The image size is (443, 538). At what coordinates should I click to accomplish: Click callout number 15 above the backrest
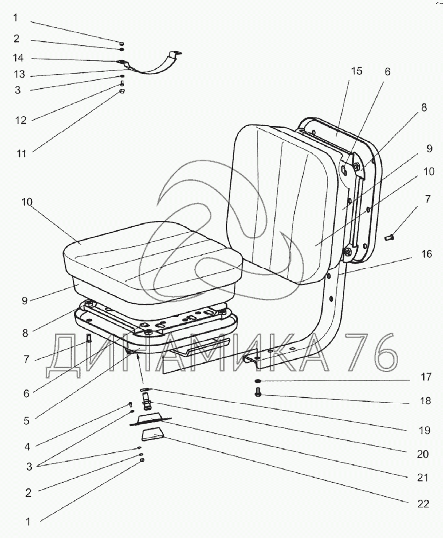pyautogui.click(x=356, y=71)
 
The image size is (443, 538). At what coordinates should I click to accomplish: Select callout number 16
pyautogui.click(x=427, y=254)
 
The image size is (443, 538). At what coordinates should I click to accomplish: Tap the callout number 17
pyautogui.click(x=426, y=377)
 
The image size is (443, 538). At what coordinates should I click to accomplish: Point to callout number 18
pyautogui.click(x=425, y=401)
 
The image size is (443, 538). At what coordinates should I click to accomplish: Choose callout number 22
pyautogui.click(x=424, y=503)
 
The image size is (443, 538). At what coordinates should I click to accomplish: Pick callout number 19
pyautogui.click(x=425, y=430)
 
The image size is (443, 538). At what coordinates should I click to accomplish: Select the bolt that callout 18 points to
pyautogui.click(x=258, y=393)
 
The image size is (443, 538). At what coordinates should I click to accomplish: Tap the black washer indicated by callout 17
pyautogui.click(x=258, y=381)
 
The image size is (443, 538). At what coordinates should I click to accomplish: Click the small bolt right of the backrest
pyautogui.click(x=388, y=238)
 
